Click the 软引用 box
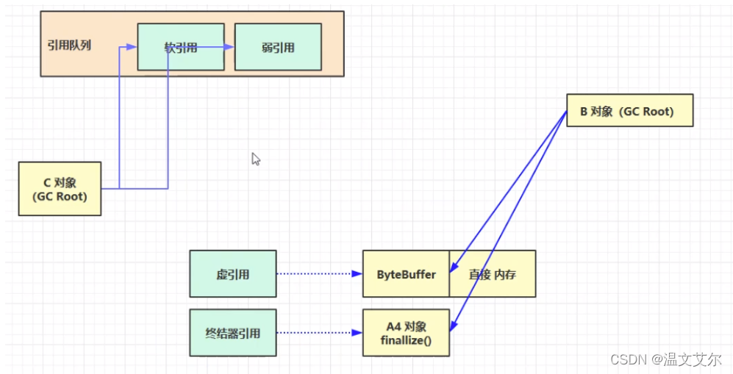(x=181, y=47)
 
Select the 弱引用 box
(x=278, y=47)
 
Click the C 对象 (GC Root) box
(x=60, y=189)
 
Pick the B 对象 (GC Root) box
(x=629, y=111)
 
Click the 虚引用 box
(x=233, y=274)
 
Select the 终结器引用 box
(x=233, y=333)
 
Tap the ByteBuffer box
(x=406, y=274)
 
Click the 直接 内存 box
(x=492, y=274)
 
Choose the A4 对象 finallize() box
(x=406, y=333)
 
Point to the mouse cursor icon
(x=256, y=159)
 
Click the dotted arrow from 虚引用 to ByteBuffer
(x=319, y=274)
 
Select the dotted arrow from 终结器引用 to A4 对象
(x=319, y=333)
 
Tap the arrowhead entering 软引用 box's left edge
(x=133, y=47)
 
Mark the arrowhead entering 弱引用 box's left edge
(x=230, y=48)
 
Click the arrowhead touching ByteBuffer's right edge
(x=453, y=269)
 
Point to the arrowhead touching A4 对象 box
(x=452, y=327)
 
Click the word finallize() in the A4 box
(x=406, y=340)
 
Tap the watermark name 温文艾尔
(x=687, y=360)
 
